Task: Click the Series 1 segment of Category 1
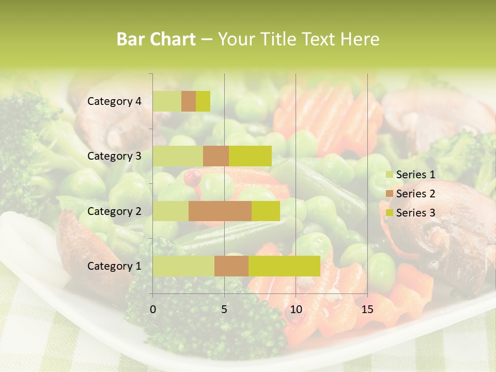(183, 266)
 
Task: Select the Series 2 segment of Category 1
(231, 266)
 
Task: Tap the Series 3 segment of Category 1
(284, 266)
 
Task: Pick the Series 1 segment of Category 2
(171, 211)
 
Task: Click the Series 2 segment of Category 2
(220, 211)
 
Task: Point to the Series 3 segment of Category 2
(266, 211)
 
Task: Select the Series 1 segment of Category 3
(178, 156)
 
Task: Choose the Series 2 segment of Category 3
(216, 156)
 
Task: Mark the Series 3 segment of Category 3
(250, 156)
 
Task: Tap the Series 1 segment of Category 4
(167, 101)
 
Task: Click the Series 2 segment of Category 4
(189, 101)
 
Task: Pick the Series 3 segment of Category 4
(203, 101)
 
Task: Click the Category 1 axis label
(114, 266)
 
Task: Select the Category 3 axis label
(114, 156)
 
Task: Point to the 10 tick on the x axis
(296, 309)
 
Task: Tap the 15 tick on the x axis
(367, 309)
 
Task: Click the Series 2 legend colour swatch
(389, 194)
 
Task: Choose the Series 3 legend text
(415, 213)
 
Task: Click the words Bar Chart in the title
(156, 39)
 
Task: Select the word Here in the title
(361, 39)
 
